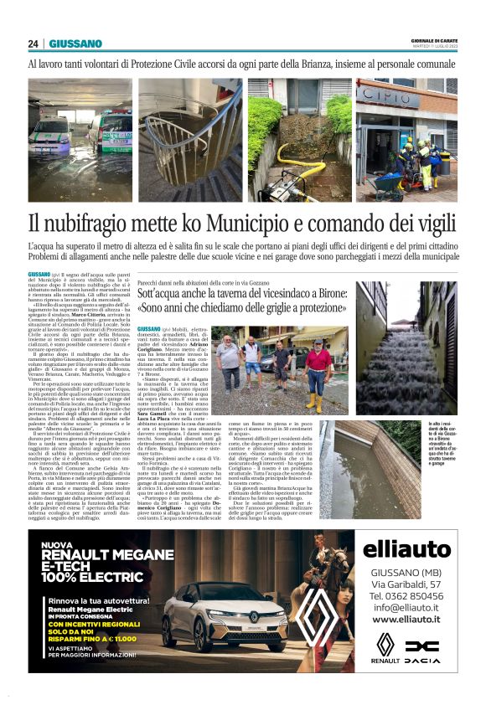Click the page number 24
pyautogui.click(x=34, y=44)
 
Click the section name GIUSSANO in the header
pyautogui.click(x=75, y=44)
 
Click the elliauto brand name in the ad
pyautogui.click(x=406, y=550)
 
